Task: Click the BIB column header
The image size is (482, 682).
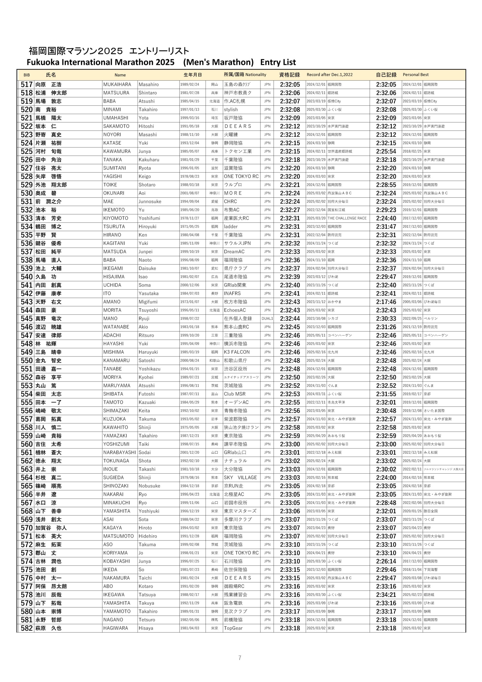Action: [26, 75]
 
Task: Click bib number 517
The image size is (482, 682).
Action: [26, 85]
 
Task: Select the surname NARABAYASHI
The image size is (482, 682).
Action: [119, 452]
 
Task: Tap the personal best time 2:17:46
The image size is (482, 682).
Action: [386, 302]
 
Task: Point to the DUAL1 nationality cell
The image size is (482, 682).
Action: [267, 318]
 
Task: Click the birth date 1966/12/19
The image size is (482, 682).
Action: [190, 511]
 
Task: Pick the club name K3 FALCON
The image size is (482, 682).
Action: [237, 352]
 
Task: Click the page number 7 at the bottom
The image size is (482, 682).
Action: [240, 658]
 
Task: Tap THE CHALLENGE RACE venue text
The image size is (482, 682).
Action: [347, 218]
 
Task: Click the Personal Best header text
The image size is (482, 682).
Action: [415, 75]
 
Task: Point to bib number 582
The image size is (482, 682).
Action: [26, 628]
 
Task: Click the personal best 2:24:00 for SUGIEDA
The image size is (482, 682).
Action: [386, 477]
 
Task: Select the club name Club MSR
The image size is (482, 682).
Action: [235, 394]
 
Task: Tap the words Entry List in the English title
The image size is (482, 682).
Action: [278, 62]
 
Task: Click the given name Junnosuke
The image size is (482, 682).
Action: [150, 201]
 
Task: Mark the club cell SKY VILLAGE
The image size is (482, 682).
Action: [240, 477]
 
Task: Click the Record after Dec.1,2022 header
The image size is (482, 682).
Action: [329, 75]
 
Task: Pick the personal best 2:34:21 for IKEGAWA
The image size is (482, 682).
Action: [386, 594]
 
